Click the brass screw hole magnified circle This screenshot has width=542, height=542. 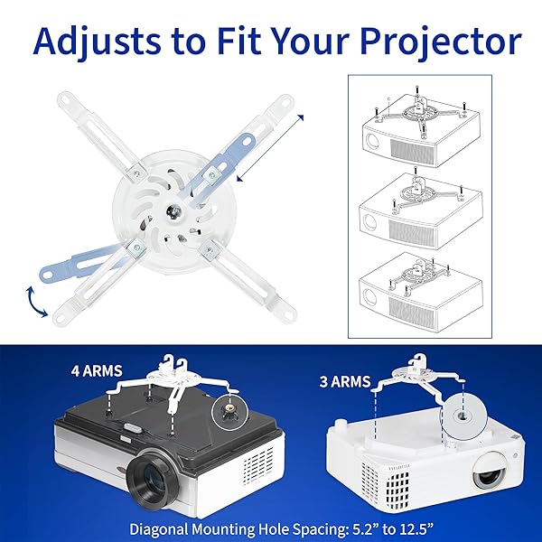coord(229,412)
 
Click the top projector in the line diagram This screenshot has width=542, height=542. coord(420,142)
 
